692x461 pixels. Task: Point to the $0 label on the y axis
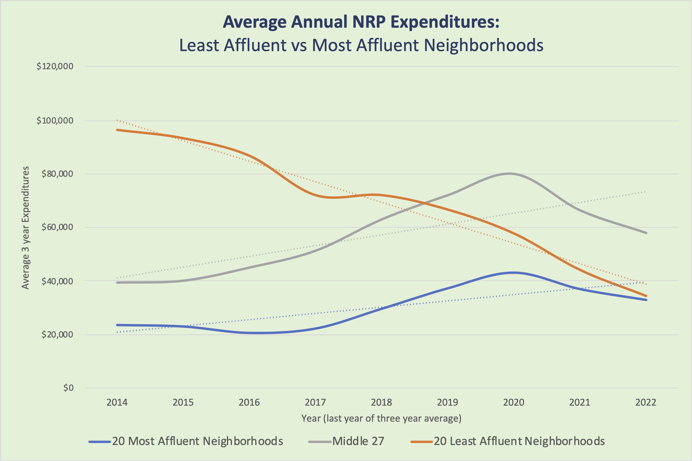point(68,388)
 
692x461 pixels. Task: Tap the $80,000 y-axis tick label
point(57,174)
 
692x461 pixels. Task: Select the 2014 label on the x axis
point(117,402)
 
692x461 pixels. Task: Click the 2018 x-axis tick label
point(381,402)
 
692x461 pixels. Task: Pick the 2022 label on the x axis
point(646,402)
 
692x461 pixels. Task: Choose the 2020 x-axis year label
point(514,402)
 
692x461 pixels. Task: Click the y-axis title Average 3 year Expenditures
point(26,228)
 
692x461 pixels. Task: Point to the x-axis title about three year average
point(381,418)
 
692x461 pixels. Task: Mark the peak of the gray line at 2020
point(509,174)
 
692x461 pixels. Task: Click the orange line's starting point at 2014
point(117,130)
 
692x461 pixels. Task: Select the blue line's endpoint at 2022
point(646,300)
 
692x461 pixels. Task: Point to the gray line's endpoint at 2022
point(646,233)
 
